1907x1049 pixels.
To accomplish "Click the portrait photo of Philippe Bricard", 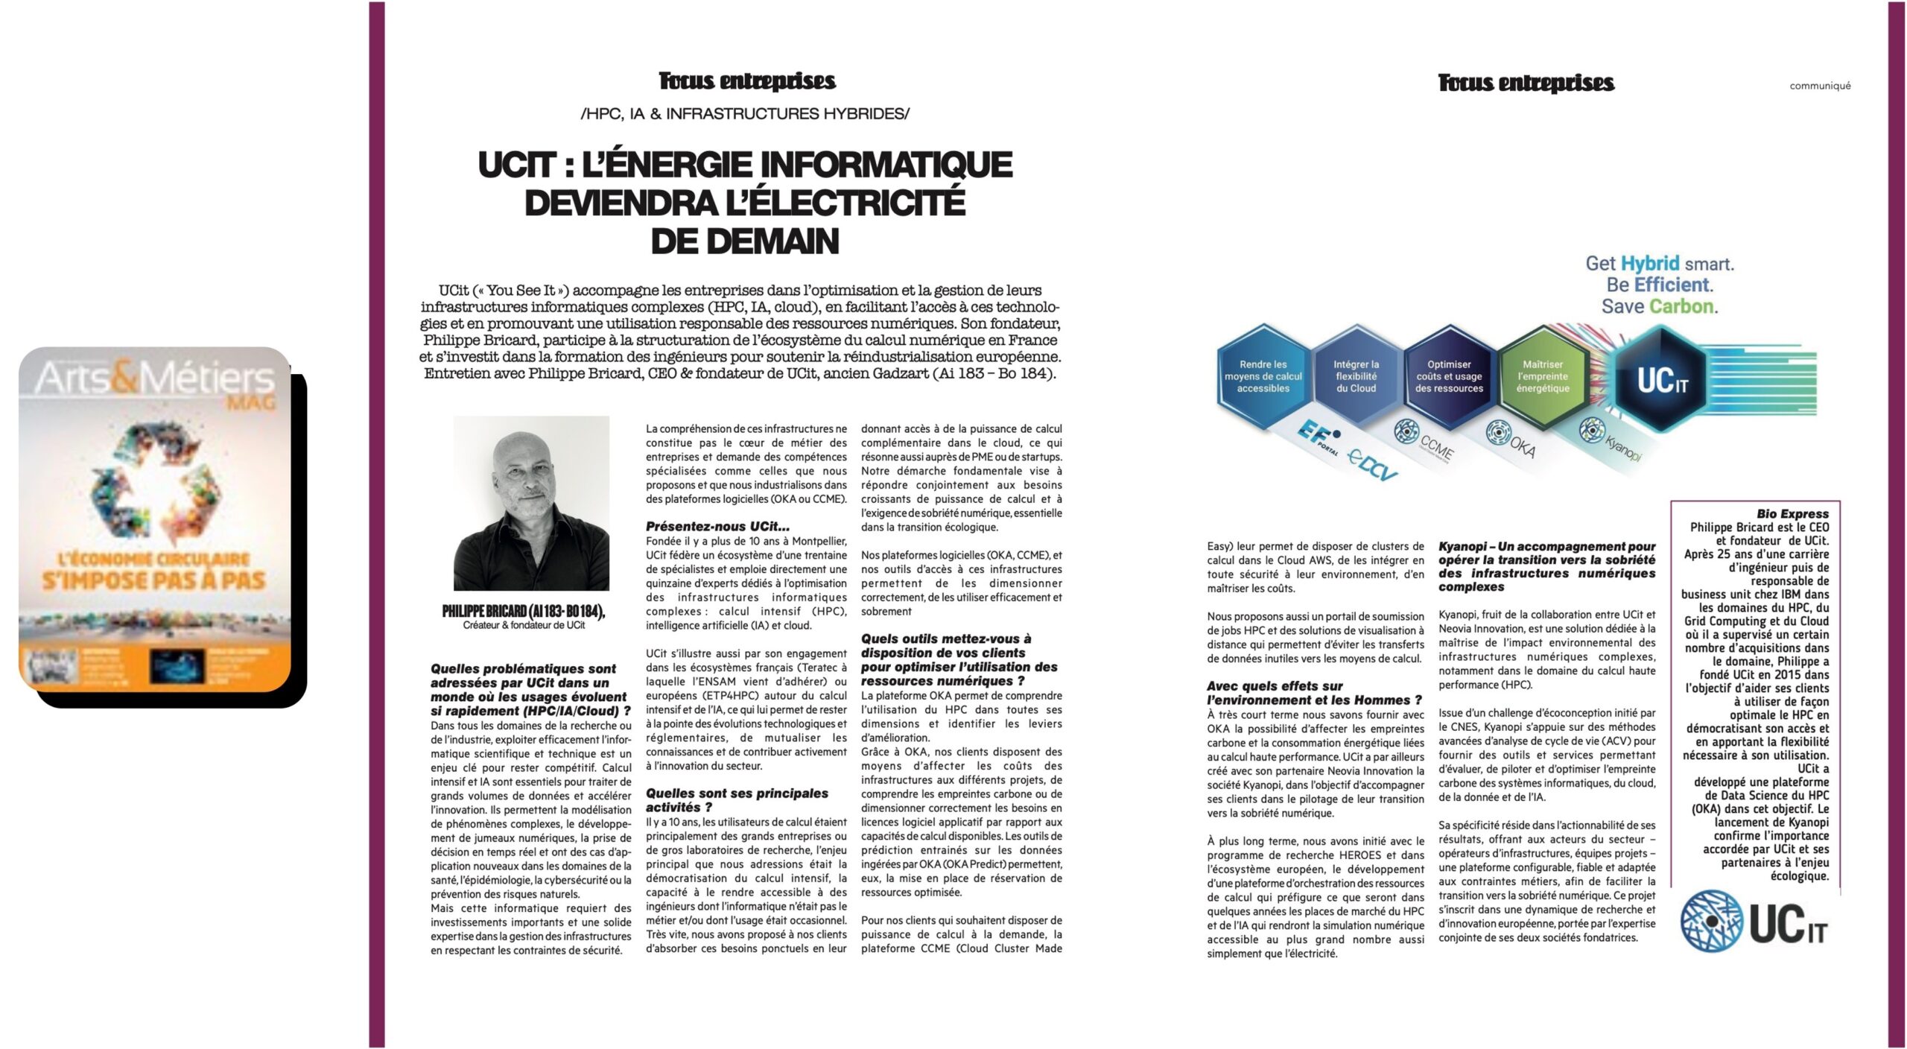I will [531, 503].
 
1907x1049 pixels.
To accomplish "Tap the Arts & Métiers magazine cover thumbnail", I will [155, 519].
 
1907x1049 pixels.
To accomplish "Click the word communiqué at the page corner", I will [1820, 86].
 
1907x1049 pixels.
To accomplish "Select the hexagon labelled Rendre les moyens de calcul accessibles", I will [1263, 376].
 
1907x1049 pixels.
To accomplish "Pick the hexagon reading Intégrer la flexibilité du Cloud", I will [1356, 376].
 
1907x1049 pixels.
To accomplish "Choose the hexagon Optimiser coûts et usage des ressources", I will [1449, 376].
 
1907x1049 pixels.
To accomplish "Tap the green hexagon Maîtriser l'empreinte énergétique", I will [1542, 376].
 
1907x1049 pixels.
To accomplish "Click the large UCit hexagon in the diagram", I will [1662, 381].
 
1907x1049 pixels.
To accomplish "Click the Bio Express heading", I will [1792, 514].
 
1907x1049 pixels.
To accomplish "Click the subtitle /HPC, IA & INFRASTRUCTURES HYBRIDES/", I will [745, 114].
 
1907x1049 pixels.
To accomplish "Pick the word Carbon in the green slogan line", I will [1683, 306].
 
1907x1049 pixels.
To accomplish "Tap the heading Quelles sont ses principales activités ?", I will [737, 800].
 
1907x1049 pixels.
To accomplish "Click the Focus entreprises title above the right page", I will [1526, 83].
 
